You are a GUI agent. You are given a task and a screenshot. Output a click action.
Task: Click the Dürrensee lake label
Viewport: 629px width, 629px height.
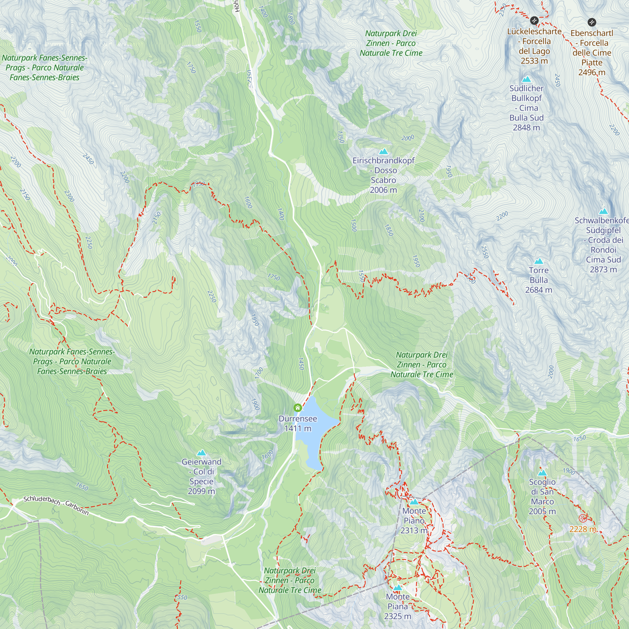point(298,419)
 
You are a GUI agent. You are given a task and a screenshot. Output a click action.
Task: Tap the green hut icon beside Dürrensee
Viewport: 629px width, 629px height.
point(298,408)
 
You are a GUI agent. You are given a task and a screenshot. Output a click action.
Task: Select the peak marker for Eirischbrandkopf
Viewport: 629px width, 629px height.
point(383,151)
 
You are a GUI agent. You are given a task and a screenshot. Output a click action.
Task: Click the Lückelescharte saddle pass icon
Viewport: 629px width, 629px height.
point(534,21)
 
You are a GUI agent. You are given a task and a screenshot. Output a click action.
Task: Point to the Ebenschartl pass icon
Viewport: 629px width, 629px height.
point(592,22)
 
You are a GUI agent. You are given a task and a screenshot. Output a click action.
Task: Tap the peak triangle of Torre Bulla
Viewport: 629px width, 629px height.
point(538,261)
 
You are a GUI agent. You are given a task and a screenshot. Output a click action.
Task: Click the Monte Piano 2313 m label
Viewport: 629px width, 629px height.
point(414,520)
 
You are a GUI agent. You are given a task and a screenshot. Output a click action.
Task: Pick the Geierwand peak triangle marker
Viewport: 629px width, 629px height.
point(202,453)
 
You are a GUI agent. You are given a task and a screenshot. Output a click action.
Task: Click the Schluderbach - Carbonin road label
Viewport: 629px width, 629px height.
point(56,506)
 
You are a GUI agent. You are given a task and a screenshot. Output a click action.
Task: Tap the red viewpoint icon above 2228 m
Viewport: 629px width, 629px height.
point(583,518)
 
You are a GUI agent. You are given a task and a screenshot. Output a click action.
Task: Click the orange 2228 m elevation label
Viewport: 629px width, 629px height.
point(583,529)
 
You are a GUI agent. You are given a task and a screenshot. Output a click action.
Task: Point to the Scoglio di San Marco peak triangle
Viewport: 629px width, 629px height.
point(542,473)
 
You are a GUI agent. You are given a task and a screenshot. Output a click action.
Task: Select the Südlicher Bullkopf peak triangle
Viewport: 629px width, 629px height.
point(526,80)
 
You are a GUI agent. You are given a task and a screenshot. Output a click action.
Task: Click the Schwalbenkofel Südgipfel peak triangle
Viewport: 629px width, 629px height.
point(603,211)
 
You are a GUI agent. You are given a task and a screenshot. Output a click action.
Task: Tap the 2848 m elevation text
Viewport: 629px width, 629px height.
point(526,128)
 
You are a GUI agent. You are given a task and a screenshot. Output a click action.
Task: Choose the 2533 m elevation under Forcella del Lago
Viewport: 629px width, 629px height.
point(534,61)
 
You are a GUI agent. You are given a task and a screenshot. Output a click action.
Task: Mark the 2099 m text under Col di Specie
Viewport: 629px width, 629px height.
point(201,491)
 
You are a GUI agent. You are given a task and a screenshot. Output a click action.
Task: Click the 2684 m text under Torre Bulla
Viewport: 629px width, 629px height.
point(538,290)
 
